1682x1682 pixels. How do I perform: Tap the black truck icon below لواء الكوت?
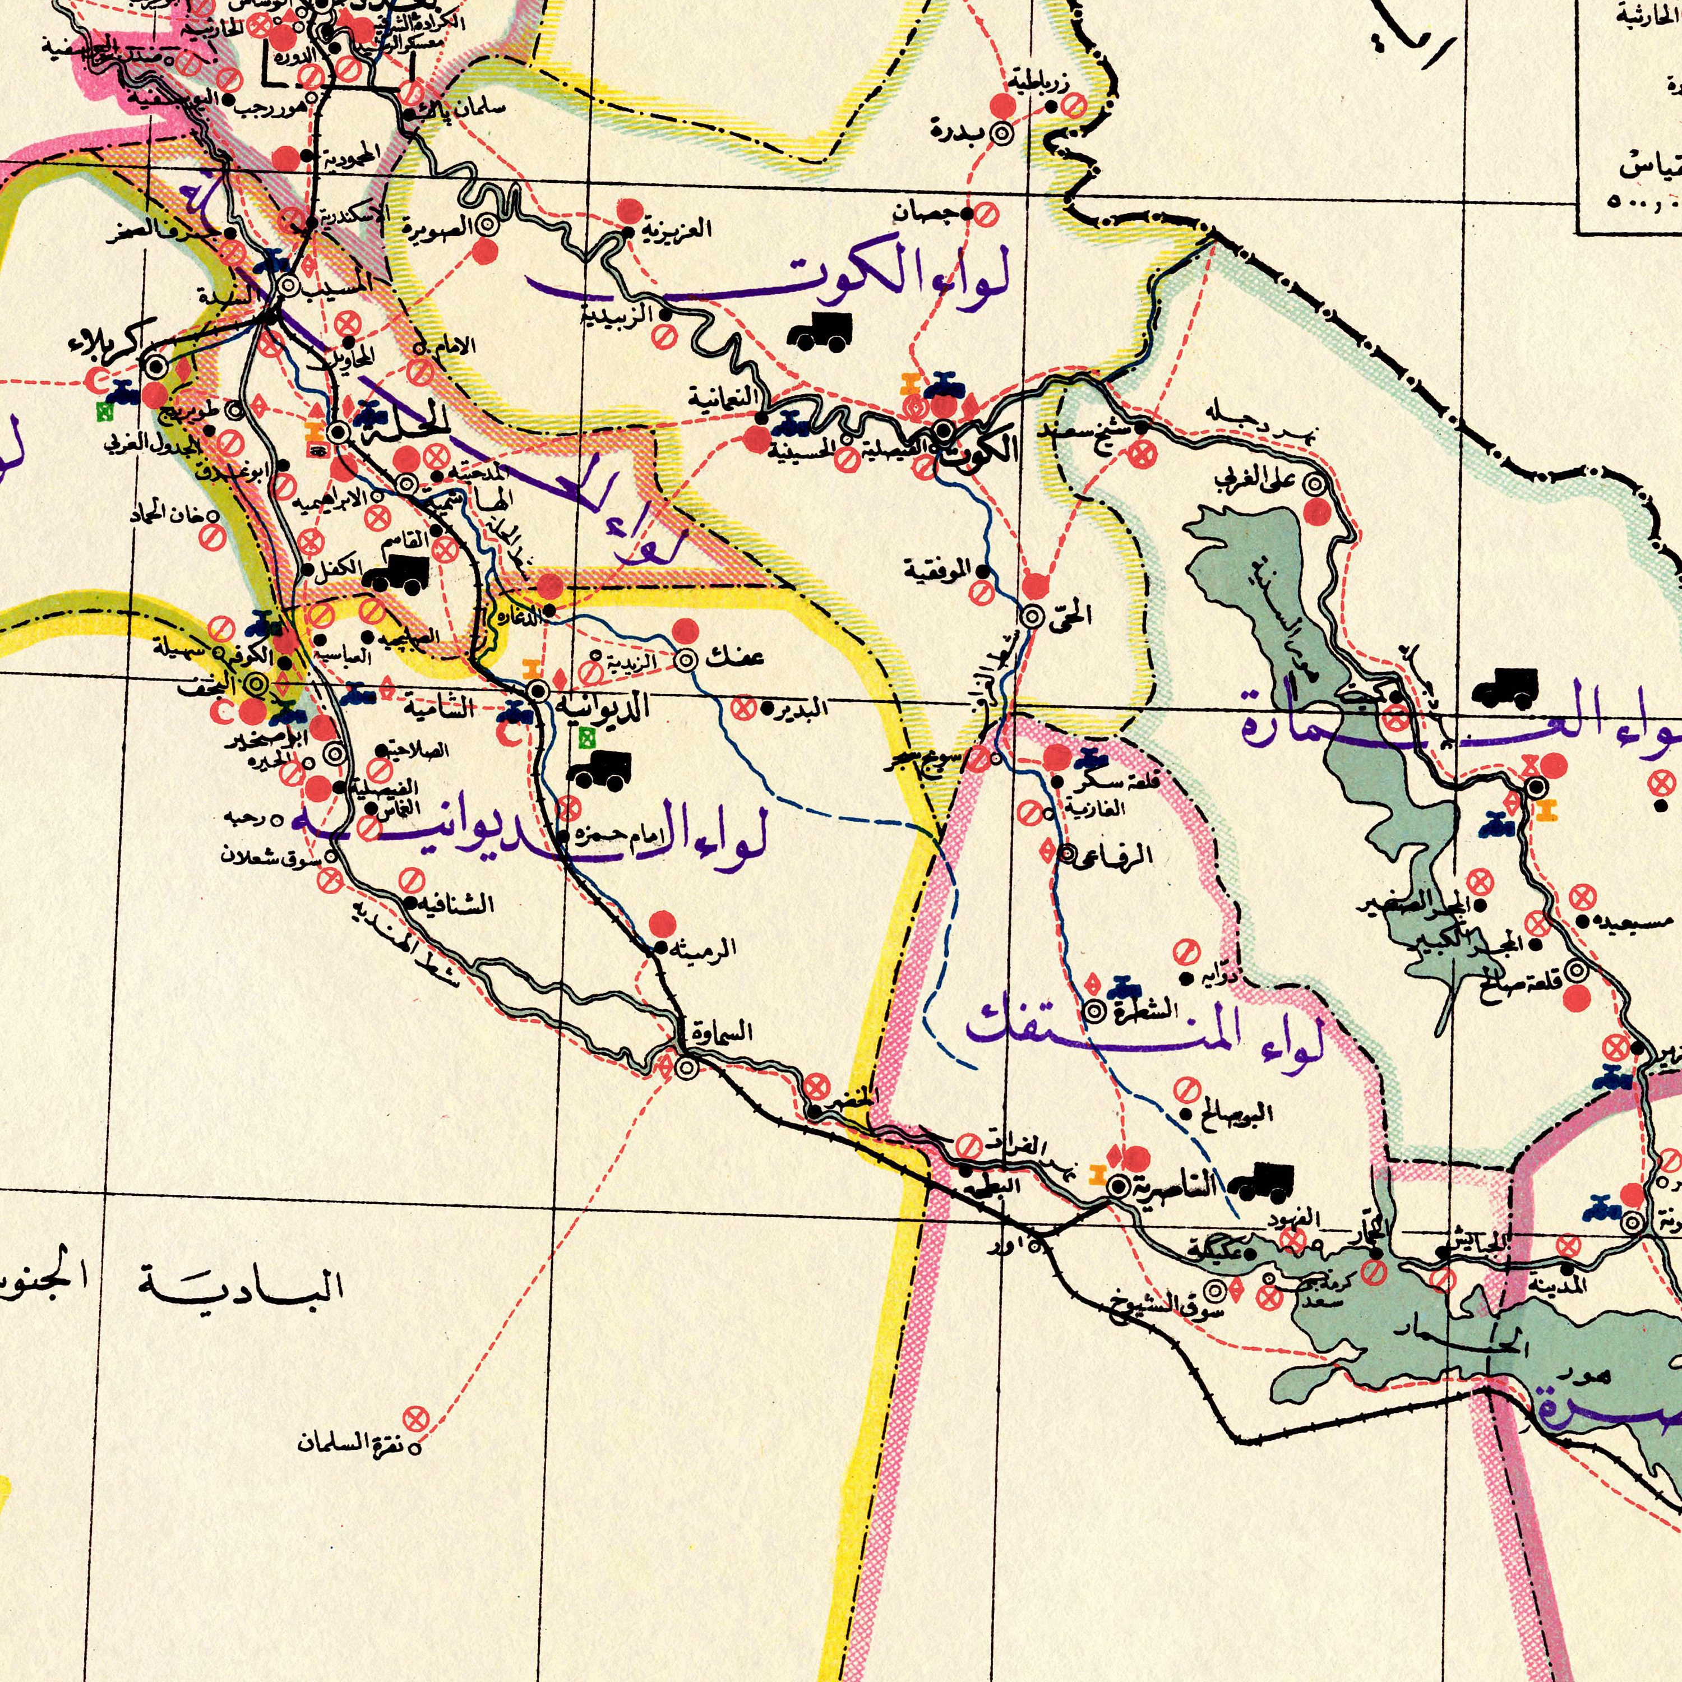(x=819, y=331)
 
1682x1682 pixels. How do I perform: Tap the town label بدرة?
(x=958, y=132)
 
